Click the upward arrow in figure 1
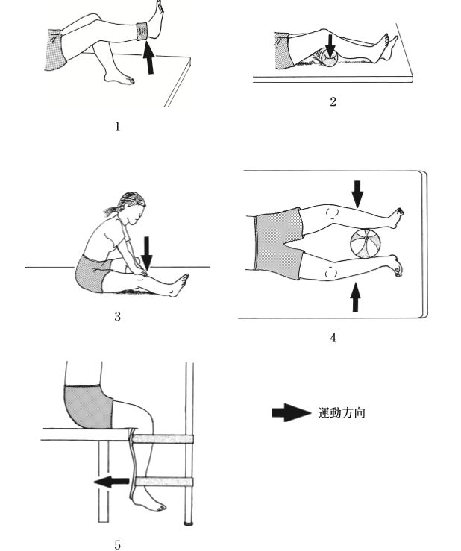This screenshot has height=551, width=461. click(x=149, y=57)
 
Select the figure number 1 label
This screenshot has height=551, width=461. click(x=117, y=127)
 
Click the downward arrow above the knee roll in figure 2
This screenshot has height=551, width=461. click(x=330, y=45)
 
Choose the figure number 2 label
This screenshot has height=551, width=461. click(x=333, y=102)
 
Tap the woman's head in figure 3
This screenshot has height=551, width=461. click(x=131, y=208)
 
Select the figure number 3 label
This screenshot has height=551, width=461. click(x=117, y=316)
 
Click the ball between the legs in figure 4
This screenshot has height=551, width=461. click(x=366, y=244)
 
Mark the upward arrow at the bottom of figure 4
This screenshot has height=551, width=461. click(x=356, y=297)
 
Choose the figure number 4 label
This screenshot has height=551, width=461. click(x=333, y=338)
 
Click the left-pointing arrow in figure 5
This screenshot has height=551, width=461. click(x=111, y=481)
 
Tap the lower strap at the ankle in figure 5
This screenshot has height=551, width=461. click(x=164, y=482)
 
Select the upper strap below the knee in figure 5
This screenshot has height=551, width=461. click(x=163, y=438)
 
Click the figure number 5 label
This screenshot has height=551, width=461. click(x=117, y=545)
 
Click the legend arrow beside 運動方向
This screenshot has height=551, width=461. click(x=292, y=412)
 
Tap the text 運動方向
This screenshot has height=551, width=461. click(x=342, y=412)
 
